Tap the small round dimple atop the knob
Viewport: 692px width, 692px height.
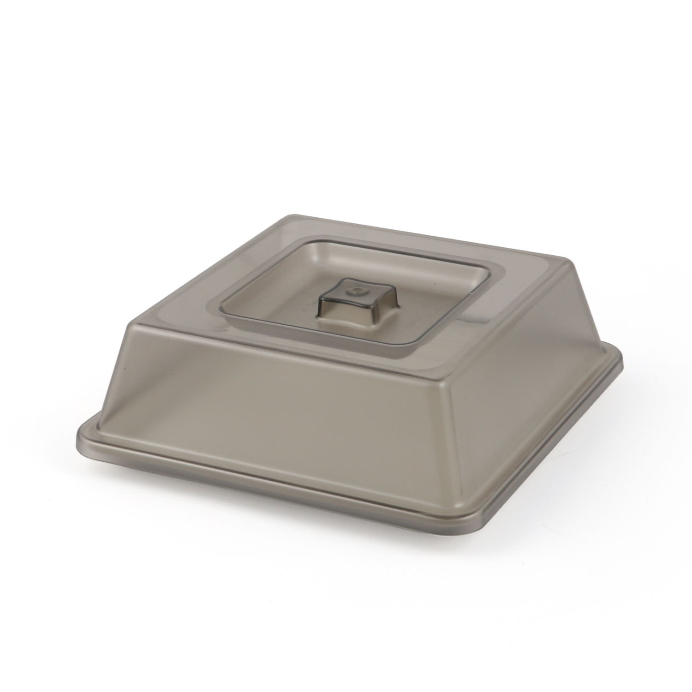point(355,292)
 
